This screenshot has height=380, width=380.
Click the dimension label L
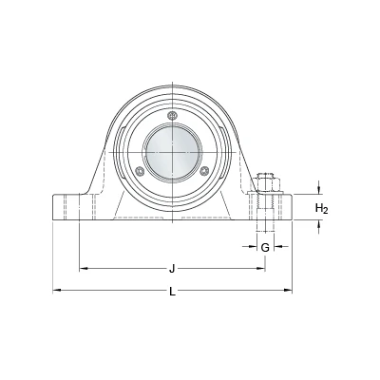(x=172, y=292)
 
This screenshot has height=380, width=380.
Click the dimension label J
(x=172, y=269)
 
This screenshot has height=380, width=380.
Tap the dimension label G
(x=265, y=247)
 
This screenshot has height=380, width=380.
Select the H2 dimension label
(x=322, y=209)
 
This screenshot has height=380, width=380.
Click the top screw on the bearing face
(x=172, y=116)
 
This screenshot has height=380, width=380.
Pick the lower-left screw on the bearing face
(x=140, y=171)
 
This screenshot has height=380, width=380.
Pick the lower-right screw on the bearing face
(x=205, y=171)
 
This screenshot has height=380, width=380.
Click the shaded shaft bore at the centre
(x=172, y=152)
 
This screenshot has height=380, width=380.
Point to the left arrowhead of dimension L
(x=56, y=290)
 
